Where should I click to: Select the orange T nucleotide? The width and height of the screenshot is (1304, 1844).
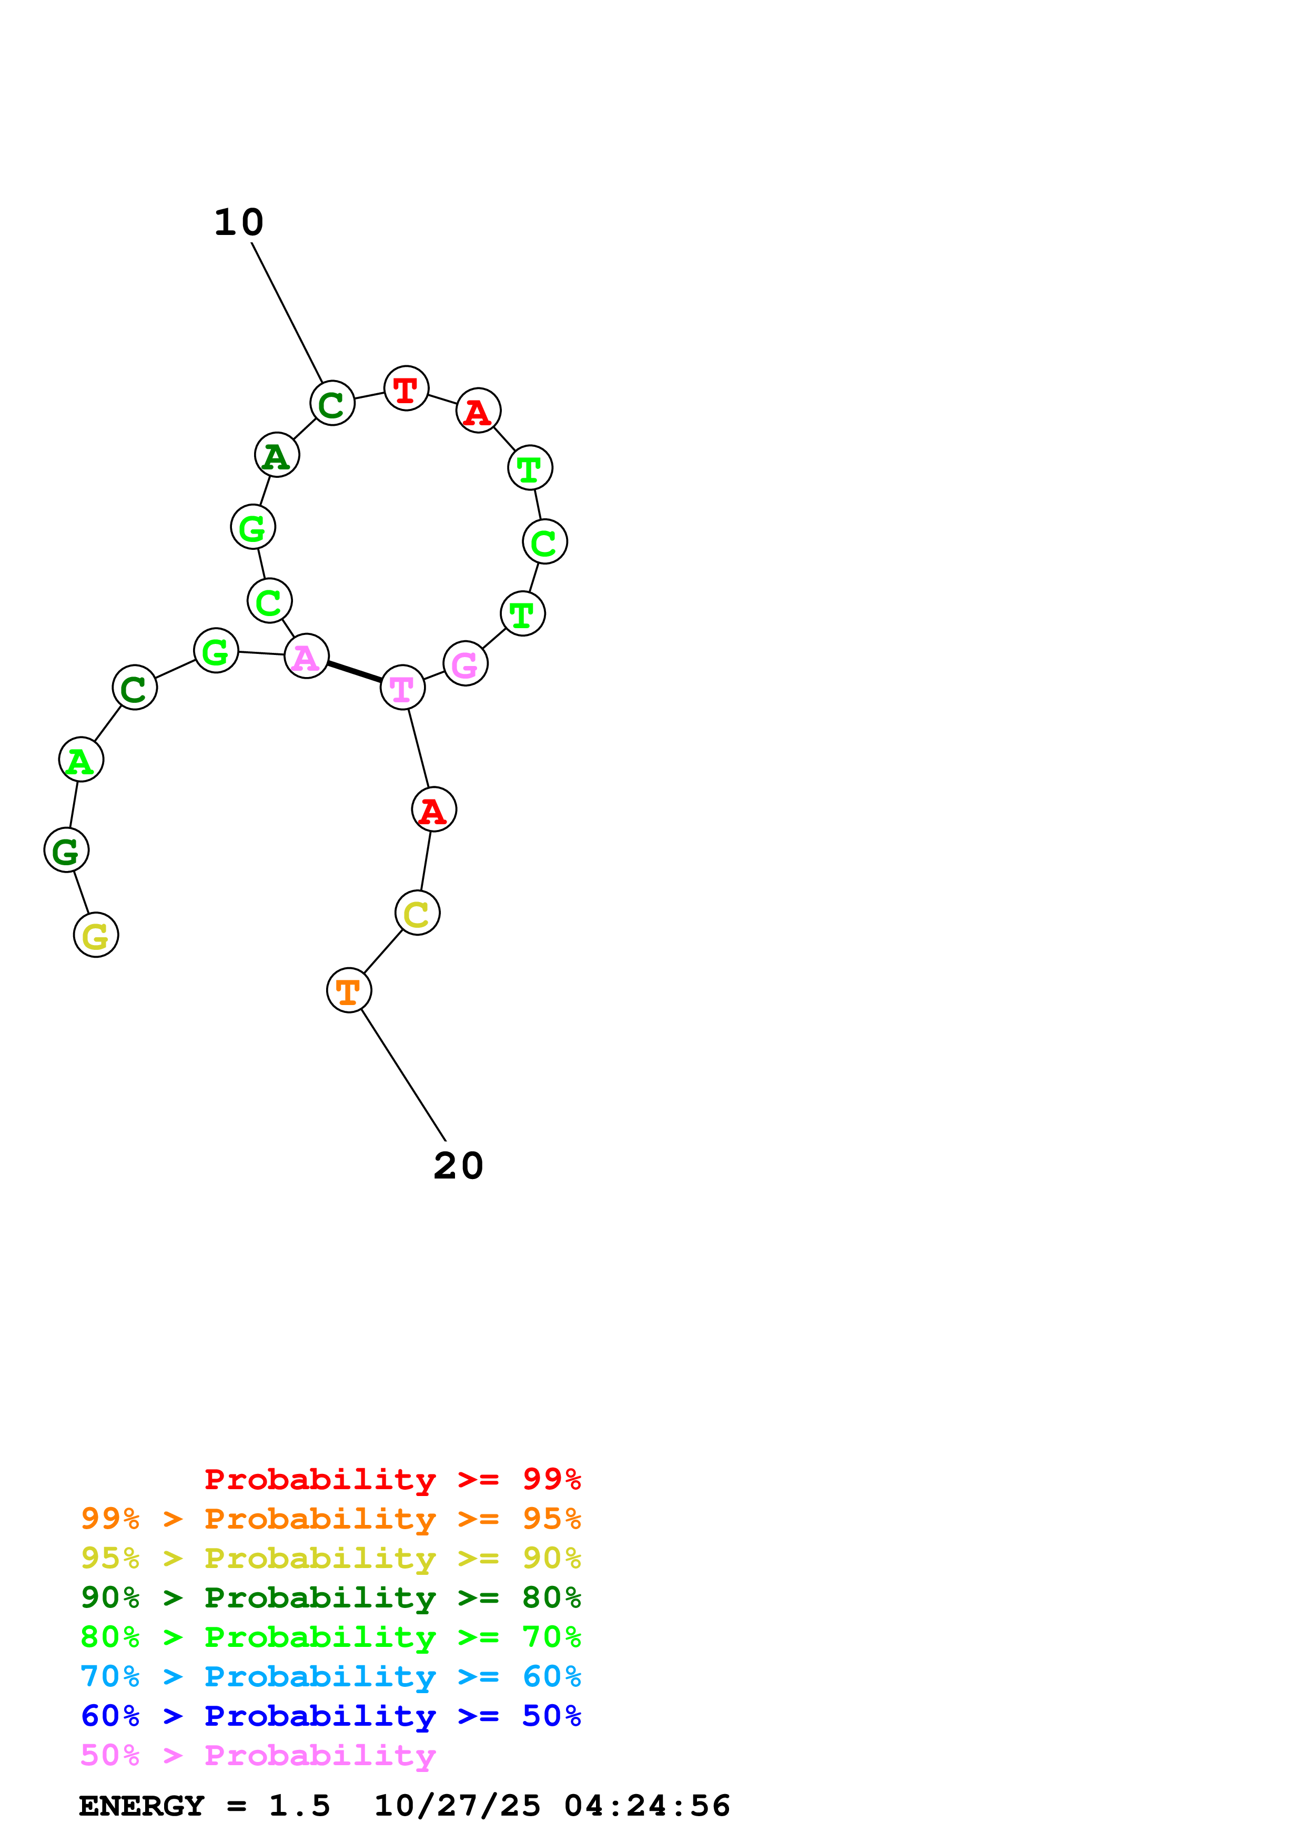(x=349, y=990)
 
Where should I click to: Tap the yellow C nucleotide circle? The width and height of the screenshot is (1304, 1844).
(x=417, y=913)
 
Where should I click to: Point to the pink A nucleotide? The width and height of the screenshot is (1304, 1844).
(x=306, y=656)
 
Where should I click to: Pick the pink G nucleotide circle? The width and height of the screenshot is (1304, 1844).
(x=465, y=663)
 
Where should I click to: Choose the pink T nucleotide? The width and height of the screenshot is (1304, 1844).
(x=402, y=688)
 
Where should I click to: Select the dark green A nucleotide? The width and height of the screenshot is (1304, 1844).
(x=276, y=455)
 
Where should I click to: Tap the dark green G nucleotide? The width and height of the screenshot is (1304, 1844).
(x=66, y=849)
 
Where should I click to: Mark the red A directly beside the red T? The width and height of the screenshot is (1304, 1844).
(x=478, y=411)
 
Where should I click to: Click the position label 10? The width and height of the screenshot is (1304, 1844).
(x=239, y=222)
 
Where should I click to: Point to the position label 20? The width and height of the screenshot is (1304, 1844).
(x=458, y=1166)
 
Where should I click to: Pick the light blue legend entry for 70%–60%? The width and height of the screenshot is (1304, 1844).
(x=330, y=1676)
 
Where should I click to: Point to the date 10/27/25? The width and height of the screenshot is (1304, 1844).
(x=457, y=1806)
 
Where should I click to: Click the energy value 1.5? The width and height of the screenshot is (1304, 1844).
(x=299, y=1806)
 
